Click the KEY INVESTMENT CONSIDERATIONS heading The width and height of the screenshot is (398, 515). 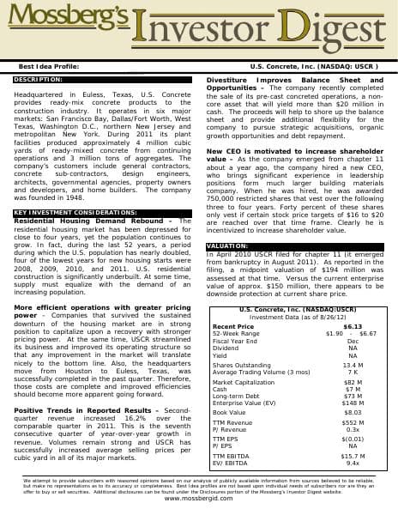click(75, 211)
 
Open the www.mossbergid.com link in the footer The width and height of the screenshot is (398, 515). click(198, 499)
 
